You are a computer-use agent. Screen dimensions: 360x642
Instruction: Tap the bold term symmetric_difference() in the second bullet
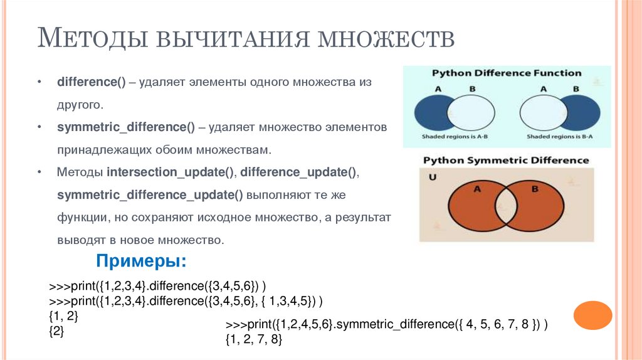pyautogui.click(x=126, y=127)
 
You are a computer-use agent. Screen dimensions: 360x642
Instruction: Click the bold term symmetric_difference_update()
pyautogui.click(x=150, y=194)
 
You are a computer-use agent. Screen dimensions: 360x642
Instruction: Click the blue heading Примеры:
pyautogui.click(x=141, y=261)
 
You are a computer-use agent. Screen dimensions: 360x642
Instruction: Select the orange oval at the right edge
pyautogui.click(x=593, y=315)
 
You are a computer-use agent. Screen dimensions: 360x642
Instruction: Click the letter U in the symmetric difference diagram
pyautogui.click(x=432, y=177)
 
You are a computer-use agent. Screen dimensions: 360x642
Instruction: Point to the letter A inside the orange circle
pyautogui.click(x=476, y=189)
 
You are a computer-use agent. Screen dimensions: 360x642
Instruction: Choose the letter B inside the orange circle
pyautogui.click(x=534, y=189)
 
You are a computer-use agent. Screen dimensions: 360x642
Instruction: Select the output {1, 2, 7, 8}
pyautogui.click(x=253, y=339)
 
